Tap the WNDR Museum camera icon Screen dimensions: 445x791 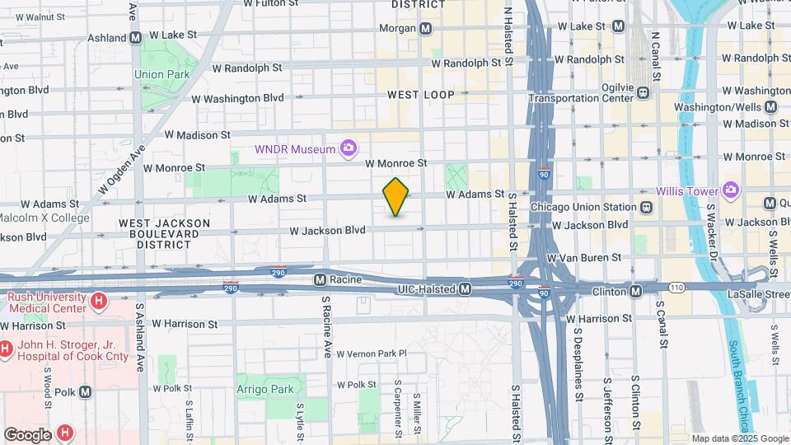[349, 148]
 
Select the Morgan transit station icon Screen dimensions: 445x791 [425, 28]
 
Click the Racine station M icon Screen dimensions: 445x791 [321, 280]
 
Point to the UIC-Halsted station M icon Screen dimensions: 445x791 [466, 289]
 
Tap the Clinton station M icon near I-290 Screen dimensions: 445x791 [636, 291]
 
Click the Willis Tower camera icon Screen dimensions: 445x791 [730, 191]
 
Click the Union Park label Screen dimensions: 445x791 [161, 74]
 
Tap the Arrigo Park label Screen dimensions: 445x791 [264, 389]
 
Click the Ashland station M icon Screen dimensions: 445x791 [136, 37]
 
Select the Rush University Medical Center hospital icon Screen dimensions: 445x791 [99, 302]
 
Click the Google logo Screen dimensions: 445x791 [26, 434]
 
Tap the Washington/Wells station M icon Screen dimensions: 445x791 [770, 107]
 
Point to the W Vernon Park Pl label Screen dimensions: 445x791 [372, 354]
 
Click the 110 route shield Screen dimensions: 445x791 [677, 287]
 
